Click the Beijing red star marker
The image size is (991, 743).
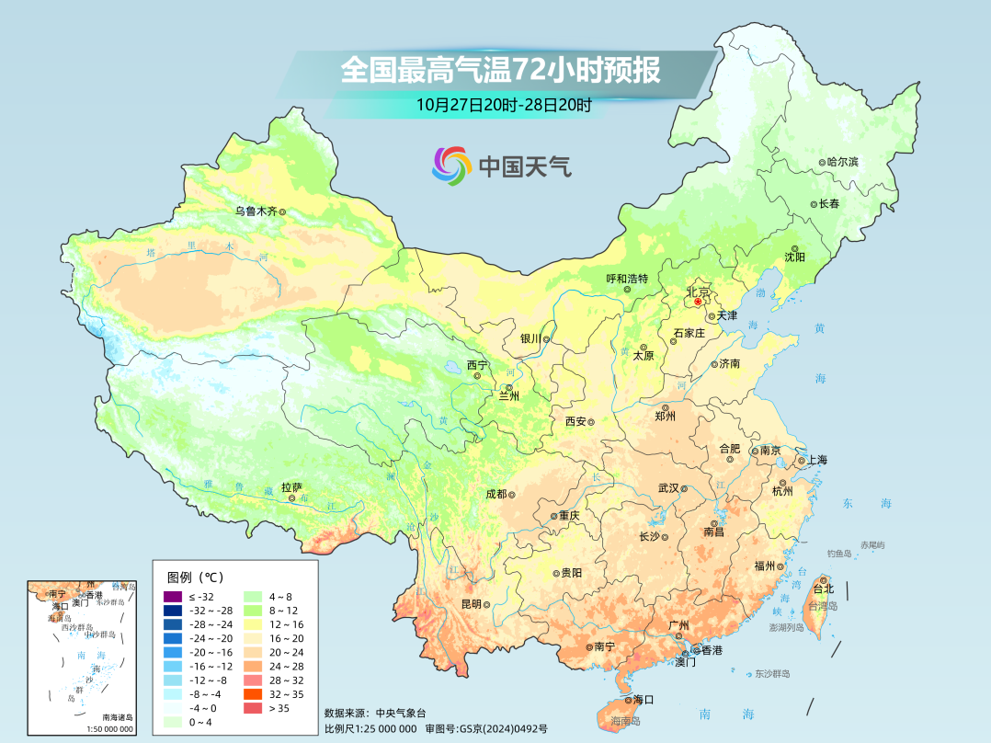[x=698, y=301]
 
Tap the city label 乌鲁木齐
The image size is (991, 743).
[x=255, y=211]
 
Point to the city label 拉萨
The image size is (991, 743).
[x=291, y=487]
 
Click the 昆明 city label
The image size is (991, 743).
[x=471, y=604]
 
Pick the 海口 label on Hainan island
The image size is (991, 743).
[x=643, y=700]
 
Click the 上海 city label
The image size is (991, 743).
[x=816, y=461]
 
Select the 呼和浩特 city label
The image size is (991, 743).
[x=627, y=279]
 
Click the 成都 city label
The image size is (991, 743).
[x=495, y=494]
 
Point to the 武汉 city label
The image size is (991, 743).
[x=668, y=488]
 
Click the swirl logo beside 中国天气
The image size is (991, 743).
[x=451, y=166]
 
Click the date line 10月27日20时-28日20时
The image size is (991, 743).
[x=503, y=104]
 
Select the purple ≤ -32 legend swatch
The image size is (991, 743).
[x=173, y=597]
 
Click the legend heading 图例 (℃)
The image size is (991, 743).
[x=196, y=577]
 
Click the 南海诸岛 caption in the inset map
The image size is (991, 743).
[x=117, y=717]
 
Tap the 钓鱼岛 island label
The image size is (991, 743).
[x=840, y=554]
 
